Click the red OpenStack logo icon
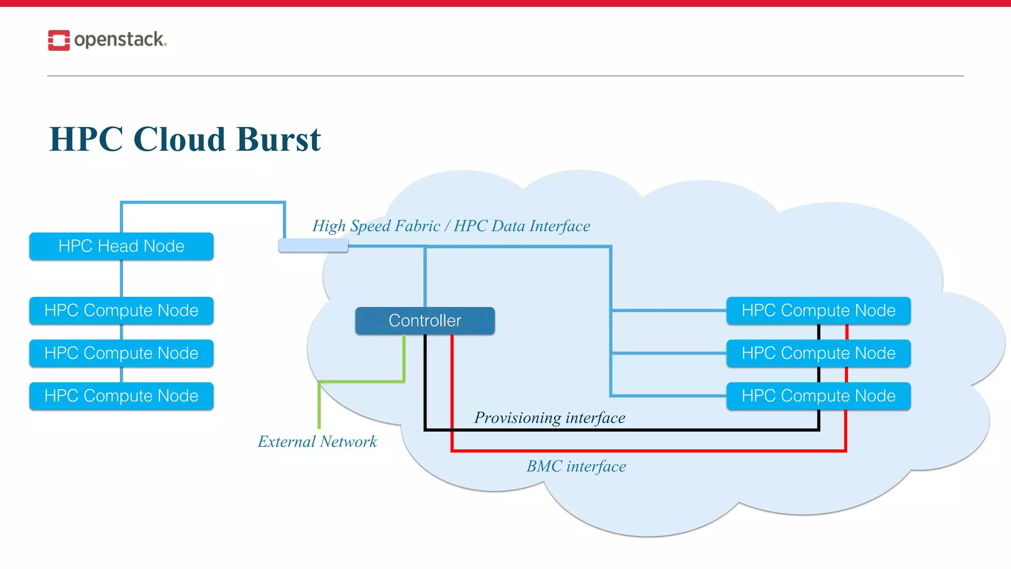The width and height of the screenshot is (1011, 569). click(59, 40)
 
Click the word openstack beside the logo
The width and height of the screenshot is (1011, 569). click(119, 40)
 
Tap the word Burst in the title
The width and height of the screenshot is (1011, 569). click(278, 139)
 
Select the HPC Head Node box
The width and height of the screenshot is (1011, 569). click(121, 246)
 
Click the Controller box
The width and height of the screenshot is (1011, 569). click(425, 321)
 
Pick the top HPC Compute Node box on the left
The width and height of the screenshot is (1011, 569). click(121, 311)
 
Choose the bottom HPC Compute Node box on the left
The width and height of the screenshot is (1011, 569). click(121, 396)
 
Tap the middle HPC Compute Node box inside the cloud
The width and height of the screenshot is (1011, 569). click(818, 353)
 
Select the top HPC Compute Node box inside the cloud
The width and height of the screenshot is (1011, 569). click(818, 311)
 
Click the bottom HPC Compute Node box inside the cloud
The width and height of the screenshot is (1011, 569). click(818, 396)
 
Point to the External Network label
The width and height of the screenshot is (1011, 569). click(317, 442)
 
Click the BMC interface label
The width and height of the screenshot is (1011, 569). click(576, 466)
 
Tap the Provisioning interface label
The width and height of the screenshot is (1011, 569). click(549, 418)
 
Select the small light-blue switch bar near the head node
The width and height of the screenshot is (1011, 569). click(313, 245)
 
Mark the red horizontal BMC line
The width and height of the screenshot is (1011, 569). click(642, 450)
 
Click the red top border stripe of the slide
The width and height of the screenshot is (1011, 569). click(505, 3)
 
